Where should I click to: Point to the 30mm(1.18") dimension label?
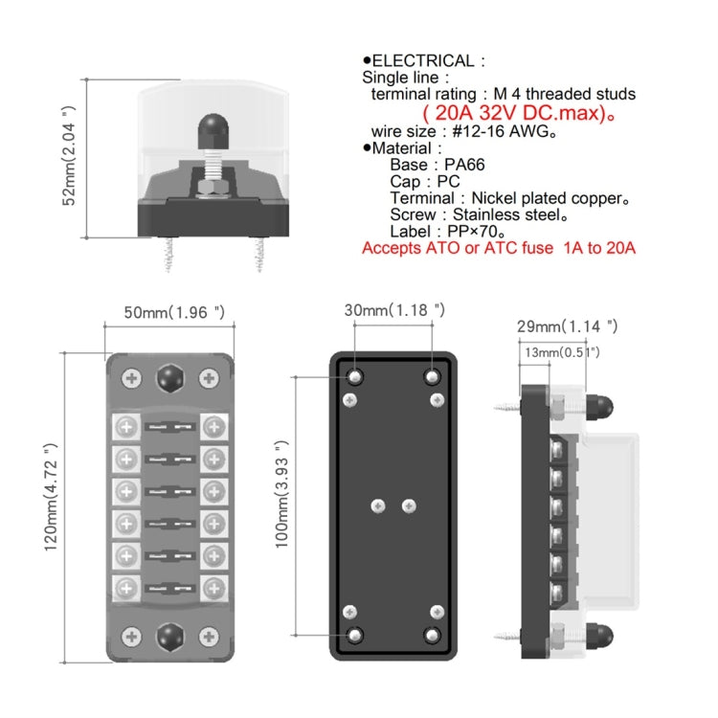point(394,309)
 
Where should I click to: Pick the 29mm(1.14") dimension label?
point(568,326)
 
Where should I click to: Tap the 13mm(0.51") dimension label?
point(561,352)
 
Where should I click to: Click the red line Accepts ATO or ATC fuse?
point(499,248)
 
